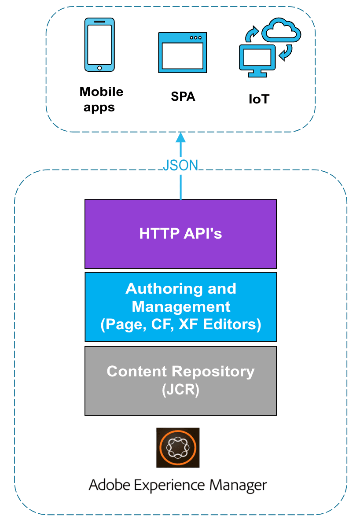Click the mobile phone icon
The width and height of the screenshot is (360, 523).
point(99,44)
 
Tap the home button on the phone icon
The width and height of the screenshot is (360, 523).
point(99,67)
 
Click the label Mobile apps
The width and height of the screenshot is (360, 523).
point(101,99)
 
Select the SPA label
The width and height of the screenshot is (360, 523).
point(183,96)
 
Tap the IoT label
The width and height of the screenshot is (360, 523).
point(258,99)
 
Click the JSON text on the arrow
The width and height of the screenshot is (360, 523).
point(180,165)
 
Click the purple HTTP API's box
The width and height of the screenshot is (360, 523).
point(180,233)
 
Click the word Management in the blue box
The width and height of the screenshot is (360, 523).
point(181,306)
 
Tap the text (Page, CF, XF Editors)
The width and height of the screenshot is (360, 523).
point(180,324)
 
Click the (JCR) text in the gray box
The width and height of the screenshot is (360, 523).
point(180,389)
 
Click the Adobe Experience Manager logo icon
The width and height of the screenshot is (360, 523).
point(178,447)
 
